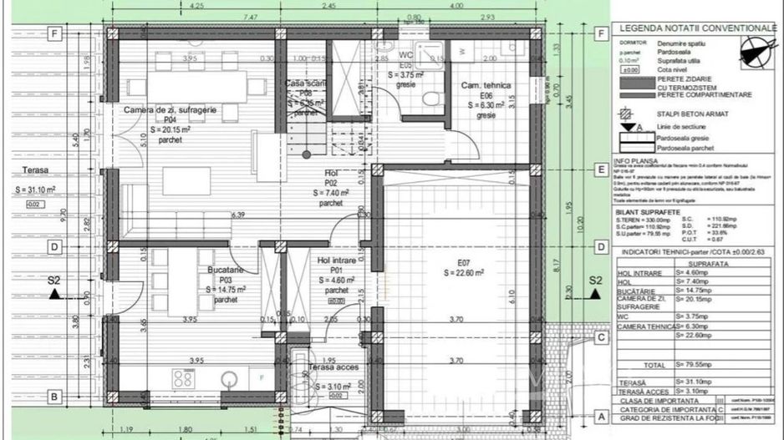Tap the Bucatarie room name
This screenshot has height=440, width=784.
(x=226, y=271)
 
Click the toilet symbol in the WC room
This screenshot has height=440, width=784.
(x=430, y=99)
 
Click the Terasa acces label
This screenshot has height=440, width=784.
(x=334, y=367)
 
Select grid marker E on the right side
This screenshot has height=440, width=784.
(x=599, y=170)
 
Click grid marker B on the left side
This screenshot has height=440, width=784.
(x=54, y=397)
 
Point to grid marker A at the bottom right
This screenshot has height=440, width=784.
(x=599, y=415)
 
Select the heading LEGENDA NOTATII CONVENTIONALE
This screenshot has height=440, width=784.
(x=697, y=28)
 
